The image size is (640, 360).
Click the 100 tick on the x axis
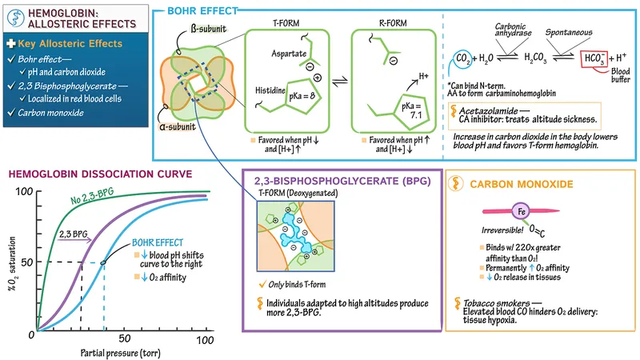coord(206,341)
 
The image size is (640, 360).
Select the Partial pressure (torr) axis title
coord(121,352)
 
